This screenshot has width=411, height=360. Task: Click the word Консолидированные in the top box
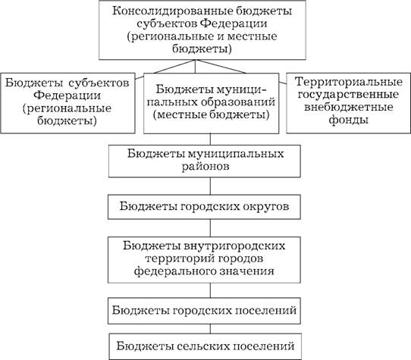(x=172, y=11)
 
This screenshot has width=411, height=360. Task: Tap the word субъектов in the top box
(x=167, y=23)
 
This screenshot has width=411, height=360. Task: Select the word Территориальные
(x=349, y=82)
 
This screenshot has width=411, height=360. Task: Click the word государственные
(x=348, y=95)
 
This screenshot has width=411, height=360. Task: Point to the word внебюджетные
(x=349, y=107)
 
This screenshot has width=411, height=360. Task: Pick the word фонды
(x=349, y=121)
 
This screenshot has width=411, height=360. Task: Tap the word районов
(x=206, y=167)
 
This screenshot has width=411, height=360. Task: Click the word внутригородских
(x=234, y=246)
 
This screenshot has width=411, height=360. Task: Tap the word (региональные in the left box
(x=67, y=109)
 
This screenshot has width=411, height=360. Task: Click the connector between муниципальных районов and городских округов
(x=210, y=186)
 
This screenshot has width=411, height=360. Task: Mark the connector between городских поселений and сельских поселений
(x=210, y=329)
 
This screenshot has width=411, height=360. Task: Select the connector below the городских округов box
(x=210, y=228)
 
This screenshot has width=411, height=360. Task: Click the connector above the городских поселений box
(x=210, y=290)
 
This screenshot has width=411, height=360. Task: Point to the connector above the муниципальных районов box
(x=210, y=139)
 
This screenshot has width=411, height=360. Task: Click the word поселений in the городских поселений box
(x=266, y=311)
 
